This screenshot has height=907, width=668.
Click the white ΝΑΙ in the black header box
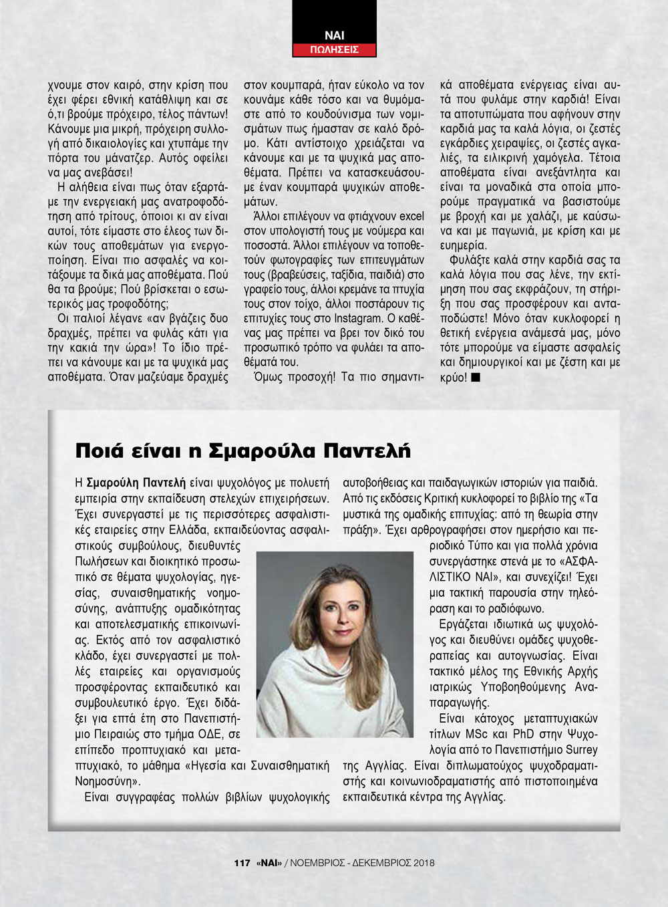(x=334, y=35)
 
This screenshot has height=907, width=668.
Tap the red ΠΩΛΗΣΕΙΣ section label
(x=334, y=49)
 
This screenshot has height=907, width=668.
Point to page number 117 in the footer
(x=242, y=863)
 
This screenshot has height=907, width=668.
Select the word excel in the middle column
(x=411, y=216)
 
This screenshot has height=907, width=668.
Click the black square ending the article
(x=475, y=377)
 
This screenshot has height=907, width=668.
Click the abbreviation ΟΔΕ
(x=206, y=735)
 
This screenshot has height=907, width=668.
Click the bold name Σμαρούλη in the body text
(x=111, y=483)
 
